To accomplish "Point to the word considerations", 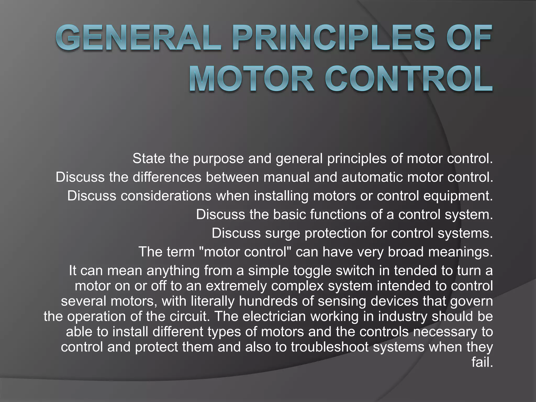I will (166, 196).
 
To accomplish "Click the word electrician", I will (274, 316).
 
